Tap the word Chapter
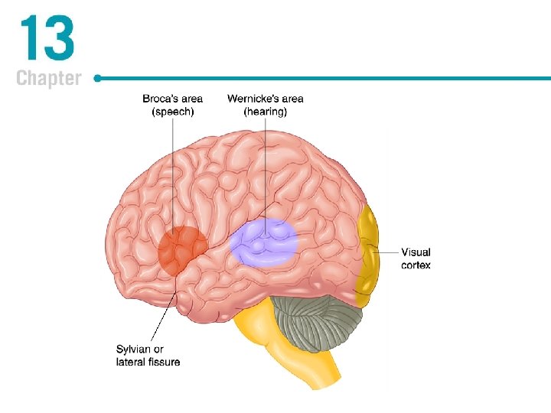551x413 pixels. coord(48,78)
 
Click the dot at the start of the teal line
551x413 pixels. coord(98,78)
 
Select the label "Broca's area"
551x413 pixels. coord(172,99)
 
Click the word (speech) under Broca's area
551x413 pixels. coord(172,111)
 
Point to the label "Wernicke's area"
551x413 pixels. coord(265,99)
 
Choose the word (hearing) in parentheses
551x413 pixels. coord(265,111)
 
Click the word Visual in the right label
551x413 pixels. coord(416,252)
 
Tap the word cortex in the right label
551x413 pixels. coord(416,265)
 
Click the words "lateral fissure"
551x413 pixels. coord(148,361)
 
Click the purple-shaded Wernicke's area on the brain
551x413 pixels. coord(264,241)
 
